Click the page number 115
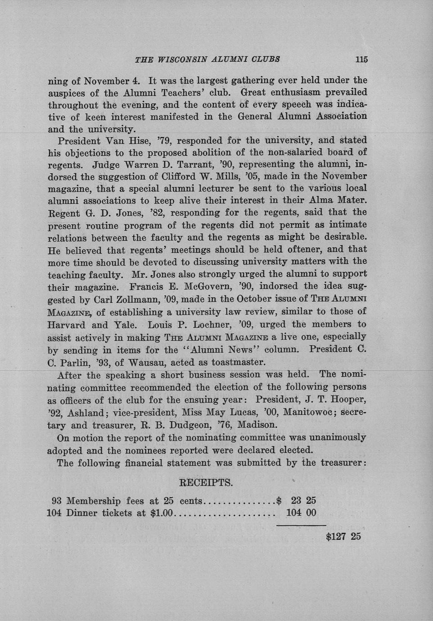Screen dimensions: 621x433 point(361,59)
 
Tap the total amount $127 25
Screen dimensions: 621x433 point(343,536)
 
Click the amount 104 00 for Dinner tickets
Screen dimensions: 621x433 point(301,513)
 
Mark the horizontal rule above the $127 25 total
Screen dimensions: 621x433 point(301,525)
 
